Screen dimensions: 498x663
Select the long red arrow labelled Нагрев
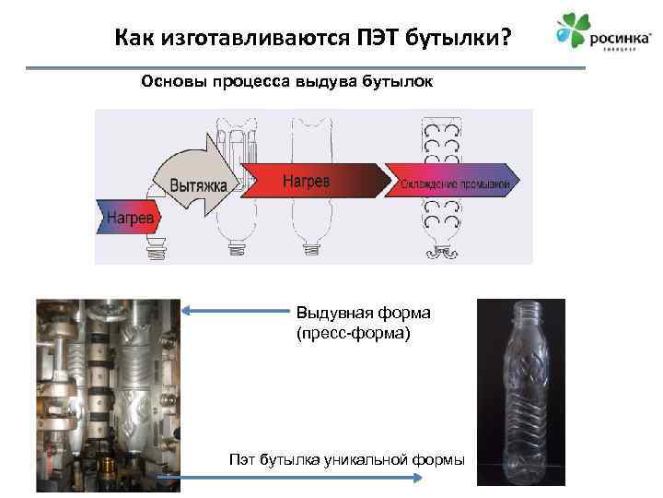point(308,181)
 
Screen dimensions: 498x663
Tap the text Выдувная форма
point(363,313)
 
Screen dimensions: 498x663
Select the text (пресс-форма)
point(350,332)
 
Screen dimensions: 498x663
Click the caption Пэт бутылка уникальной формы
point(346,459)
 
